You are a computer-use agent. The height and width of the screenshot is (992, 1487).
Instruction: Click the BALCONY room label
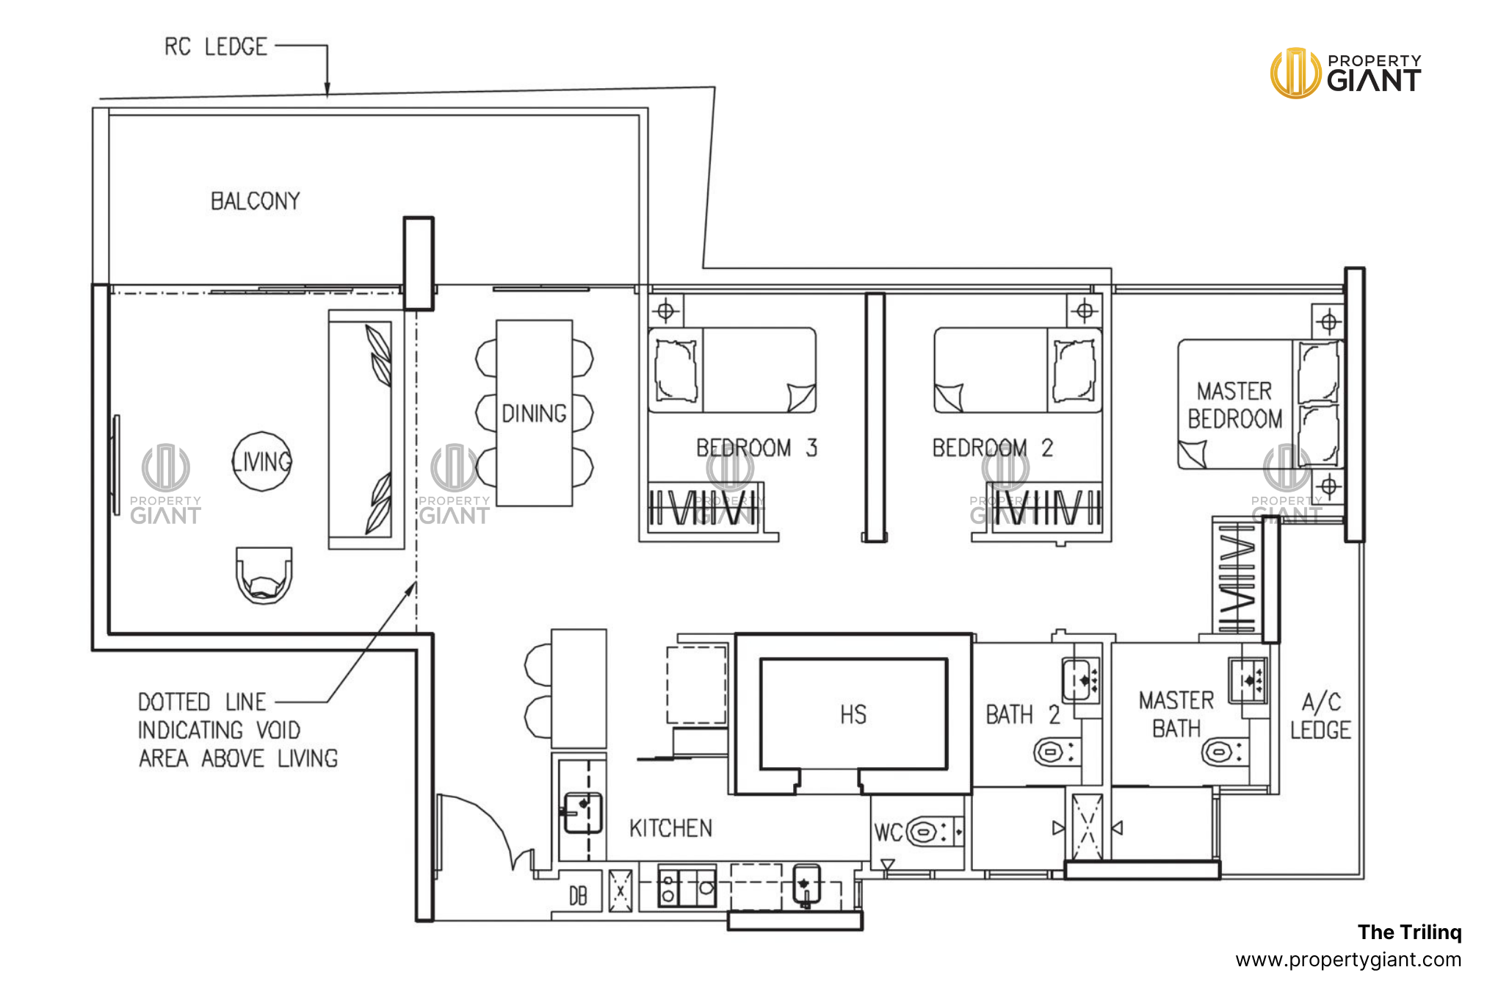[256, 201]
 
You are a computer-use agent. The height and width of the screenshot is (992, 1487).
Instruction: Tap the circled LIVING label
[262, 461]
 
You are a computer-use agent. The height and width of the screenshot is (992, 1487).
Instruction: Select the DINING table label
[534, 414]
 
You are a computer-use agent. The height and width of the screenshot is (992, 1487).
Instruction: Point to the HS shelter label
[853, 714]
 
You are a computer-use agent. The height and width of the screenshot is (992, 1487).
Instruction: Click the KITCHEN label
[670, 829]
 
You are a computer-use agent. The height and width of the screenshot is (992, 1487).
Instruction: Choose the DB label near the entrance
[578, 896]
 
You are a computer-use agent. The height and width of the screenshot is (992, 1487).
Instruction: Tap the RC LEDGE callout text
[215, 47]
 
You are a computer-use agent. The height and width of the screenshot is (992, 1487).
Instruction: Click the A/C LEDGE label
[1320, 716]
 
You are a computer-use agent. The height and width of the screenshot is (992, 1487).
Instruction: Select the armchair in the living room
[264, 575]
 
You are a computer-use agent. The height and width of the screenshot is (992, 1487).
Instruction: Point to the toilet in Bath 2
[1050, 752]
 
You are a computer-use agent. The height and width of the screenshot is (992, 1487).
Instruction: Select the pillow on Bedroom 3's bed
[676, 370]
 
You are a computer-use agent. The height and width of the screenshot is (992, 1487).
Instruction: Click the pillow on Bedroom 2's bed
[1074, 370]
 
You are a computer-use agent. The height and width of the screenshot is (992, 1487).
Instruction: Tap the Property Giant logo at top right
[1346, 73]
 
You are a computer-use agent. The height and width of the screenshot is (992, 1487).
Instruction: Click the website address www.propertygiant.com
[1348, 960]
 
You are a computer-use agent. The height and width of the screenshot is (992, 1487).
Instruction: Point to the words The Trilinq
[1409, 932]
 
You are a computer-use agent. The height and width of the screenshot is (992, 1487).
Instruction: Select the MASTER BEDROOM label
[1235, 405]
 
